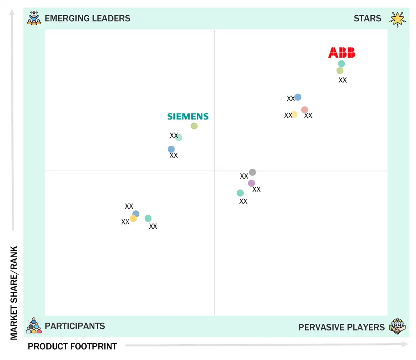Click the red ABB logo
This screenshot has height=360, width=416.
(341, 53)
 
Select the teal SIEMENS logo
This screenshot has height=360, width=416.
(188, 117)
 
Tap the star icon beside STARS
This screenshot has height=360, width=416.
(397, 19)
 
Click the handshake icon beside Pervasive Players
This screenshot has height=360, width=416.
(397, 326)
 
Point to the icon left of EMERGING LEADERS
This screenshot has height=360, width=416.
(34, 18)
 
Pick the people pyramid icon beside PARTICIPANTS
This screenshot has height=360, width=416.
(34, 326)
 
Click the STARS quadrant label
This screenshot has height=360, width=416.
(367, 18)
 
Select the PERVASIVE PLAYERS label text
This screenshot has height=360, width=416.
(341, 327)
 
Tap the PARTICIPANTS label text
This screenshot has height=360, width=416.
(75, 326)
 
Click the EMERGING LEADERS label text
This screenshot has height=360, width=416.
(87, 18)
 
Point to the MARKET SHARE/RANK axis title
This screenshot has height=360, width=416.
(14, 293)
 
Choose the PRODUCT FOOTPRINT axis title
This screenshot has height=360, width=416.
(72, 346)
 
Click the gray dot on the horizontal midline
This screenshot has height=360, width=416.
(252, 172)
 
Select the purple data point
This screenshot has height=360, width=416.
(251, 183)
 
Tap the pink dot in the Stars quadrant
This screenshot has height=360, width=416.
(305, 110)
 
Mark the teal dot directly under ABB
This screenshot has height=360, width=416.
(341, 64)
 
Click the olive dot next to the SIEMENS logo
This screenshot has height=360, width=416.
(194, 126)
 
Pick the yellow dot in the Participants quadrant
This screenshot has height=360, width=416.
(133, 219)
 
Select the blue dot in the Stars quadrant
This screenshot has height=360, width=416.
(298, 97)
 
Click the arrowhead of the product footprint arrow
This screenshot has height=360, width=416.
(405, 344)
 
